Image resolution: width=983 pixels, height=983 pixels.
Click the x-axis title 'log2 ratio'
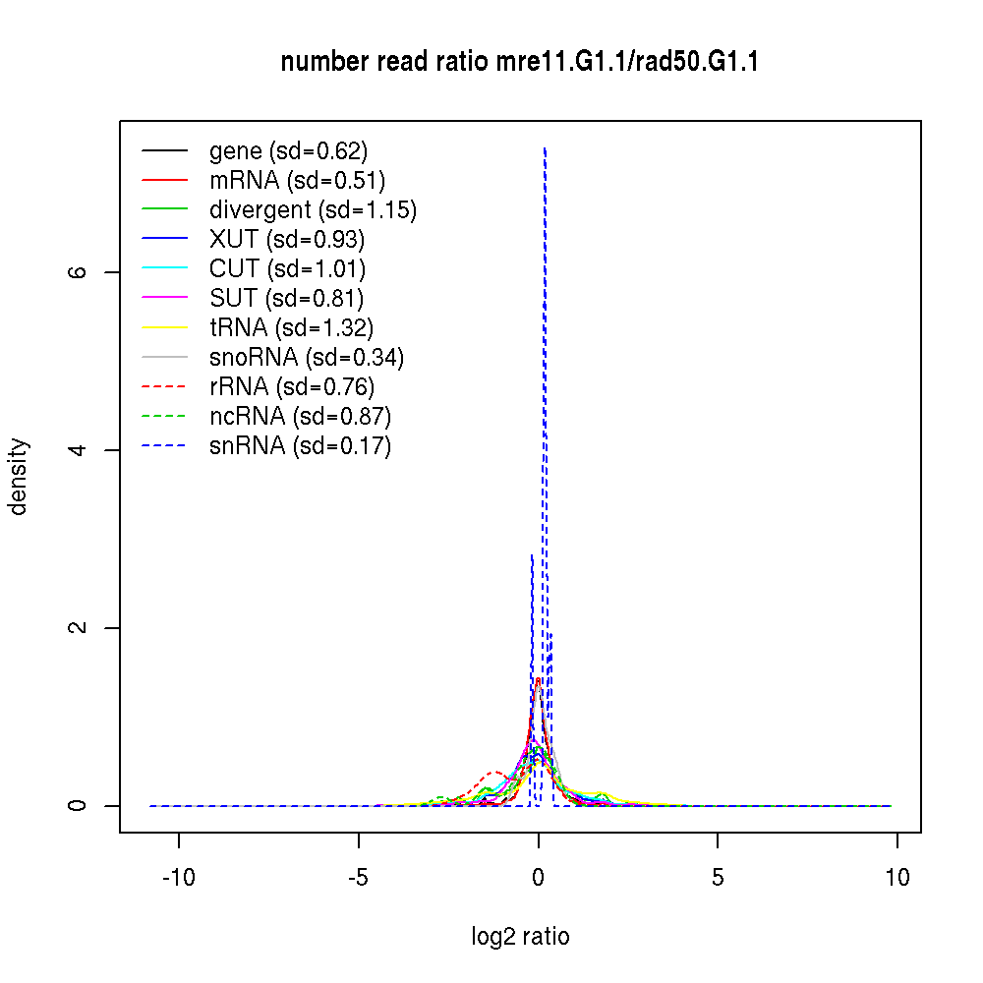point(520,937)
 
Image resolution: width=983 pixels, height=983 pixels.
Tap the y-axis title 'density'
point(19,477)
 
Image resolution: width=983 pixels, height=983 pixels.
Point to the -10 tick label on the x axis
point(179,878)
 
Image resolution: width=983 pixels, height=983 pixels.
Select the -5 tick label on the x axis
point(358,878)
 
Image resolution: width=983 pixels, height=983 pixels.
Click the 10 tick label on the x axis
point(896,878)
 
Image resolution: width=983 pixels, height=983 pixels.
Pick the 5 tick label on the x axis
point(718,878)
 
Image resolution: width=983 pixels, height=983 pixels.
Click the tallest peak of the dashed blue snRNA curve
point(545,149)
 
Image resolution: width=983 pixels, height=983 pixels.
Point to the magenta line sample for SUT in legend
point(164,298)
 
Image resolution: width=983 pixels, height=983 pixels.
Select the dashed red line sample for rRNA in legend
point(164,386)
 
